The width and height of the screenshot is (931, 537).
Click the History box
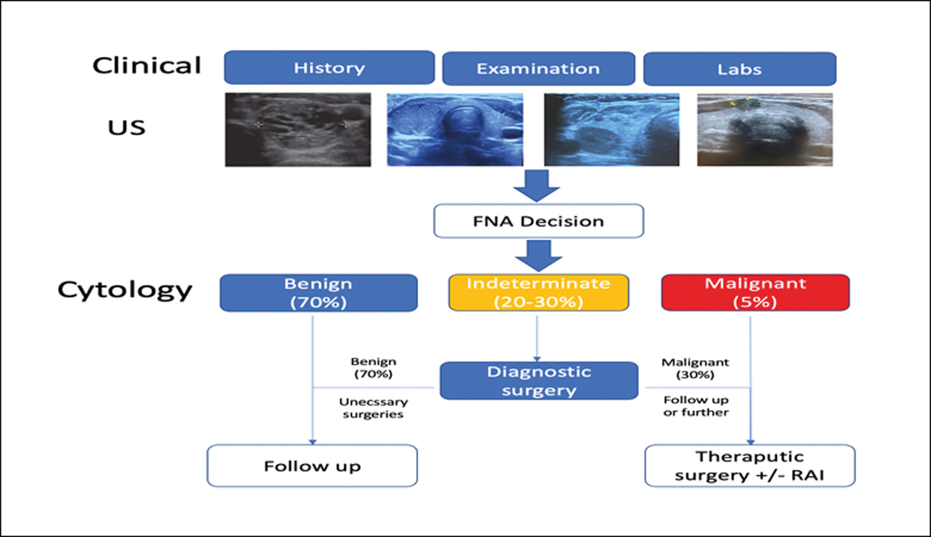329,68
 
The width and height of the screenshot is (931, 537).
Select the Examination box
538,69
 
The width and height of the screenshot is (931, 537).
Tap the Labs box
740,69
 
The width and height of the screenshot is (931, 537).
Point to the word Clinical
147,65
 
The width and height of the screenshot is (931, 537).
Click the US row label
127,128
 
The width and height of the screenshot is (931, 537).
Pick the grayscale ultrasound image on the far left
298,130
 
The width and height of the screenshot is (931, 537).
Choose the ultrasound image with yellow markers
765,130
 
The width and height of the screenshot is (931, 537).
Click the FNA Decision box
539,221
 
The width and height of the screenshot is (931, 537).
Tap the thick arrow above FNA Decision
537,185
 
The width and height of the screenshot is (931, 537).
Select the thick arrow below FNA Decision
539,255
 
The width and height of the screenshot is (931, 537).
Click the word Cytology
125,290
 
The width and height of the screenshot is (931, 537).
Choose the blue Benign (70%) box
319,293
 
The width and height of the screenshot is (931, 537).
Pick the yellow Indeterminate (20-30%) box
539,293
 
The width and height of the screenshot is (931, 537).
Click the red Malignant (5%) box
755,293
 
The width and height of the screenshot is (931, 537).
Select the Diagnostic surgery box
539,381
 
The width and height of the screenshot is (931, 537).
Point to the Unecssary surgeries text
373,408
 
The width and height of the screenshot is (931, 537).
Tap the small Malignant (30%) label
695,368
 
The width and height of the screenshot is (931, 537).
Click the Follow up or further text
696,406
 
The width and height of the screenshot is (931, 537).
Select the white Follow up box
312,466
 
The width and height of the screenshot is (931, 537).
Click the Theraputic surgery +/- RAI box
750,466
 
